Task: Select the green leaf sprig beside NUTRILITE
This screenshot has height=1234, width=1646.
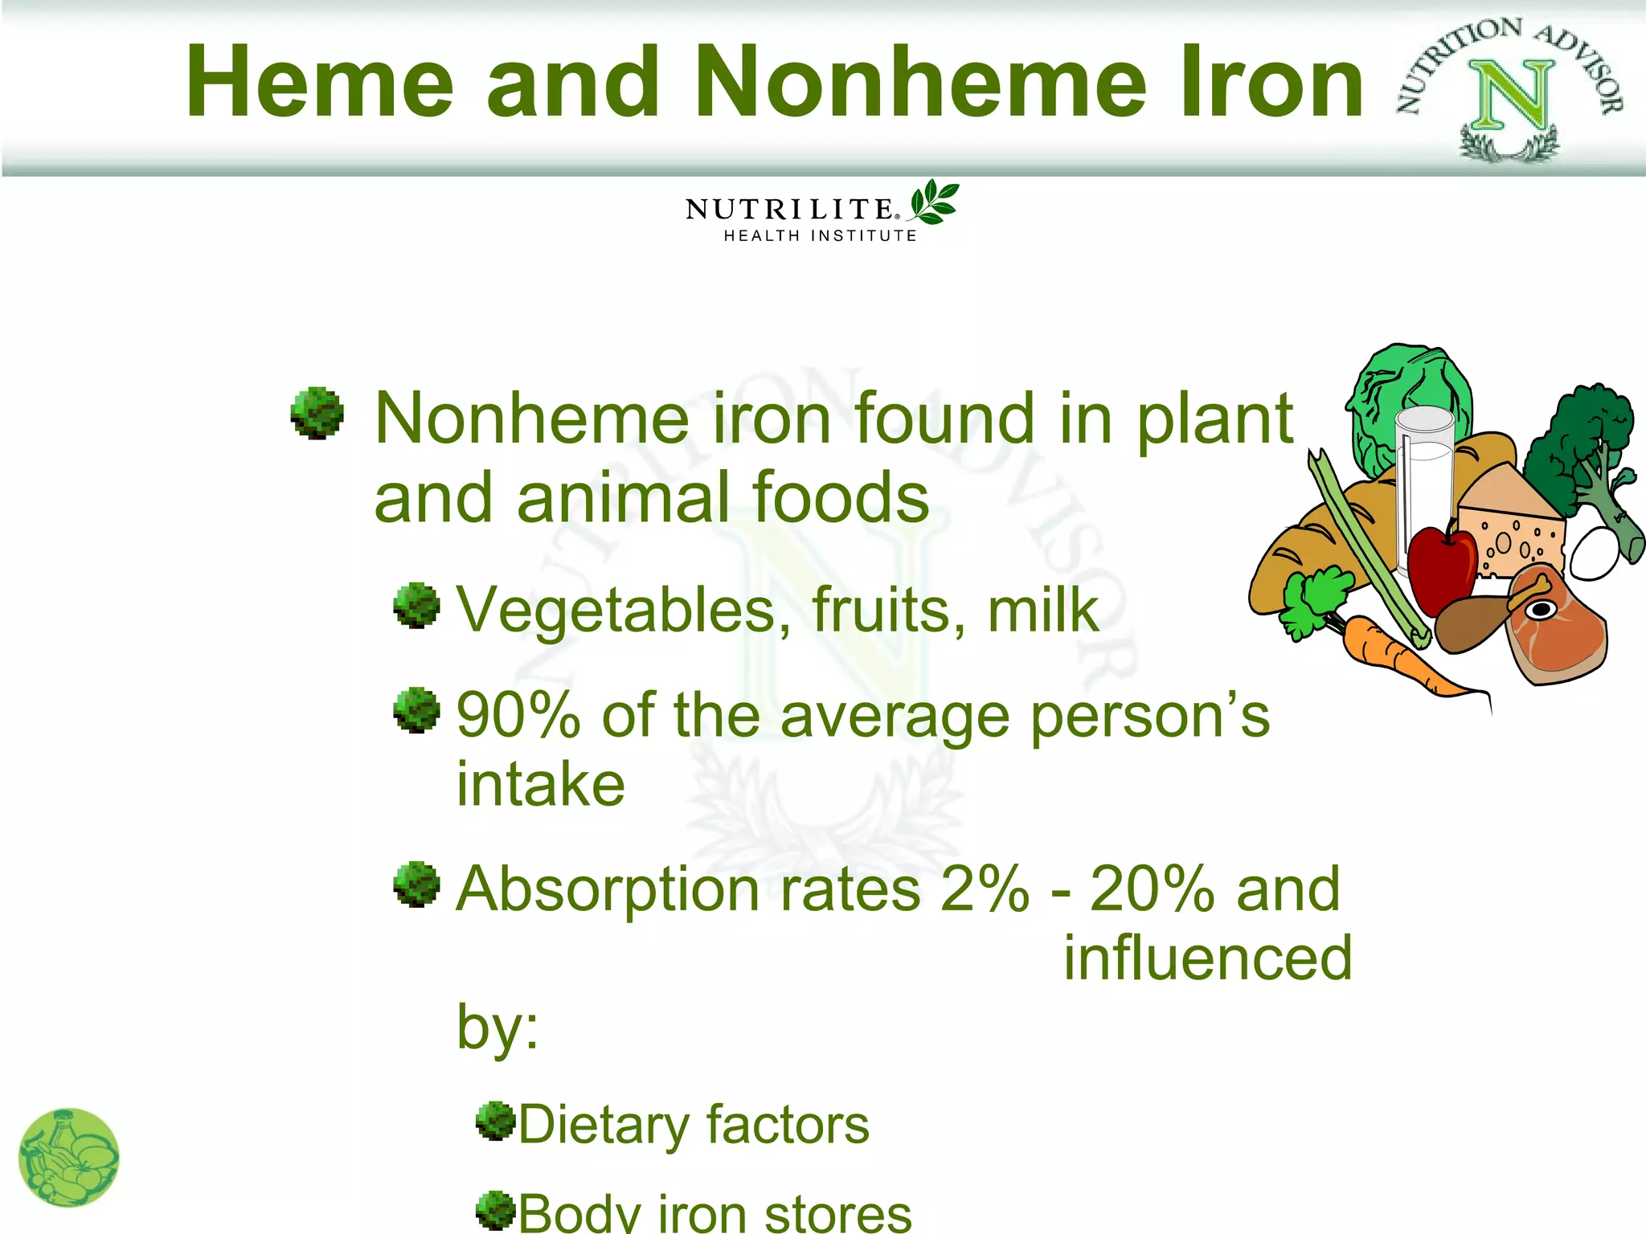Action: click(x=934, y=202)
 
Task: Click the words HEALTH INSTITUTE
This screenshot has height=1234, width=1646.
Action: click(x=820, y=236)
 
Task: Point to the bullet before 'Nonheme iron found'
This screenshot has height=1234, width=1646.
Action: click(x=317, y=413)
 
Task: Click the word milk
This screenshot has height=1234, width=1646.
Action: click(x=1042, y=611)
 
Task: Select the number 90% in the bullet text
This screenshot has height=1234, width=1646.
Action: click(x=518, y=715)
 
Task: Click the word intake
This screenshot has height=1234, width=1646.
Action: click(x=540, y=784)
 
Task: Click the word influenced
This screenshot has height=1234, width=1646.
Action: click(x=1208, y=958)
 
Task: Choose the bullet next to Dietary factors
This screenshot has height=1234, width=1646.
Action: click(x=494, y=1121)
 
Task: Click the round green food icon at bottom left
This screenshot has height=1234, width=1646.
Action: click(x=68, y=1157)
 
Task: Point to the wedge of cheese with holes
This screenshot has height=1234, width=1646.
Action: click(x=1511, y=522)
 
